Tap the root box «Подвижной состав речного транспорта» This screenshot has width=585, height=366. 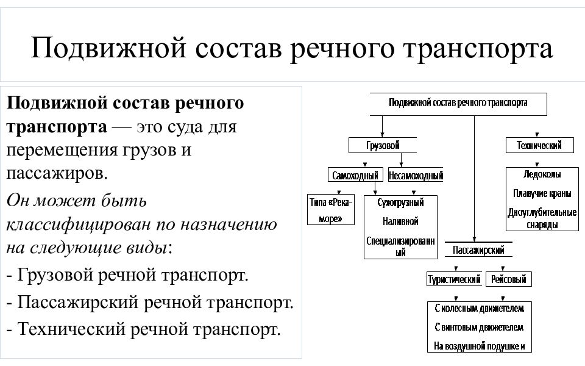pyautogui.click(x=458, y=103)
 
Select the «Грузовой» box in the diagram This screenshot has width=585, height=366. pyautogui.click(x=383, y=146)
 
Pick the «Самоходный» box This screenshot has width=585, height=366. pyautogui.click(x=356, y=176)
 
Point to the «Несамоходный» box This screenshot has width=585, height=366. pyautogui.click(x=415, y=176)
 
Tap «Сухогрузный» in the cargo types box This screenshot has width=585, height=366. pyautogui.click(x=400, y=203)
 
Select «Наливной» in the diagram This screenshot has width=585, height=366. pyautogui.click(x=400, y=221)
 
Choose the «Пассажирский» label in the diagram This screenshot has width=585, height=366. pyautogui.click(x=478, y=250)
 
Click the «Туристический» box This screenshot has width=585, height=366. pyautogui.click(x=453, y=280)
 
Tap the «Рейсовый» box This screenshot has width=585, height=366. pyautogui.click(x=508, y=280)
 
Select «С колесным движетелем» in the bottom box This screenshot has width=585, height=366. pyautogui.click(x=479, y=309)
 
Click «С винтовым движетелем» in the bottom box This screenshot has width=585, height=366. pyautogui.click(x=479, y=328)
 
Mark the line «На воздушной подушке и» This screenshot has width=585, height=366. pyautogui.click(x=479, y=346)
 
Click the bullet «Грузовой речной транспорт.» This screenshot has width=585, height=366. pyautogui.click(x=127, y=274)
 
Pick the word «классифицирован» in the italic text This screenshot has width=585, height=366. pyautogui.click(x=68, y=224)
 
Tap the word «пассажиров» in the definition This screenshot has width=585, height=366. pyautogui.click(x=55, y=173)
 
